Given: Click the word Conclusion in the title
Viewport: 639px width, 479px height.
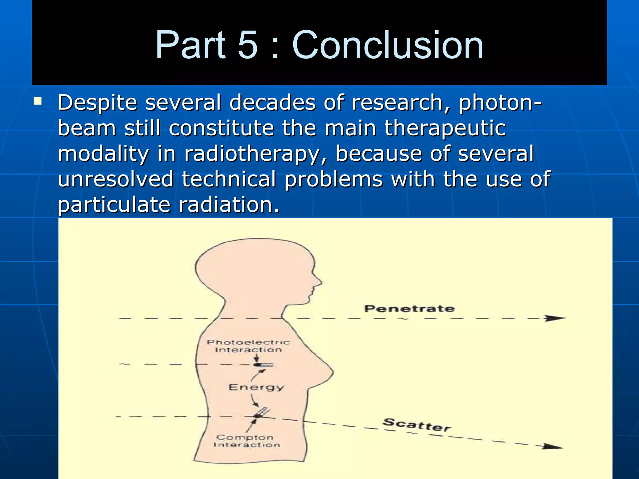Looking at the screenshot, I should pos(387,45).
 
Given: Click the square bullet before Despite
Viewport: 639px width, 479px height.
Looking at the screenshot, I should pos(38,101).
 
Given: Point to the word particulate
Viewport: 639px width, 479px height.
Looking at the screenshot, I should pos(114,205).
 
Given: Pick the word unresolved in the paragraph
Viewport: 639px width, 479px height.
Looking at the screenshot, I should pos(115,179).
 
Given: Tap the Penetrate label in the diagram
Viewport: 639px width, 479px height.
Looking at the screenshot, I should pos(409,309).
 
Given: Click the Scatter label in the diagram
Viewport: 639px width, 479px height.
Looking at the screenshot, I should pos(417,424).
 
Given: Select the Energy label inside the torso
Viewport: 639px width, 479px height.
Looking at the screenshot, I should pos(256,387).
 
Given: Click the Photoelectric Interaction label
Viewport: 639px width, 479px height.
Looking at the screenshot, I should pos(248,346).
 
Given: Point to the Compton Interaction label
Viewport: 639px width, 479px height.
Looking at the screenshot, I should pos(246,441).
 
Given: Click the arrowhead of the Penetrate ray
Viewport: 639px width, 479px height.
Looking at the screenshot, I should pos(555,318).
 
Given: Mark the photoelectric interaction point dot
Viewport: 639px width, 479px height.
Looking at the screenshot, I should pos(257,365).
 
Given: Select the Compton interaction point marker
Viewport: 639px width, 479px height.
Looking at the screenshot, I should pos(258,416).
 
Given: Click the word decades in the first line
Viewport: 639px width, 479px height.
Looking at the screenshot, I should pos(272,103).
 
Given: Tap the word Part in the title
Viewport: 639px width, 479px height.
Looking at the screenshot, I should pos(190,45).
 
